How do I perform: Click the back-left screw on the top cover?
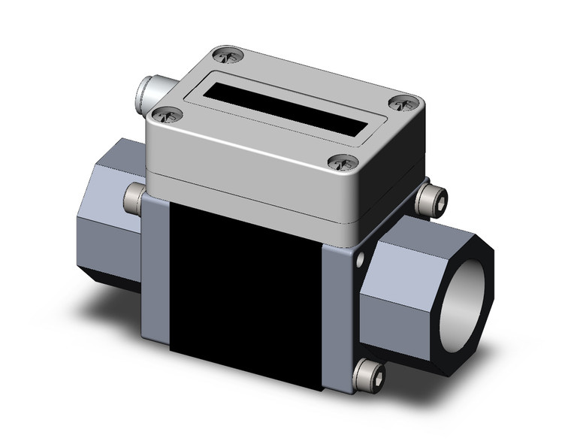click(x=228, y=55)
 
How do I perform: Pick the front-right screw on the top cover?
click(x=343, y=162)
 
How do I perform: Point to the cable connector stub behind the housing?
click(x=150, y=92)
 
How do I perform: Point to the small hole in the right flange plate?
click(x=362, y=261)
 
